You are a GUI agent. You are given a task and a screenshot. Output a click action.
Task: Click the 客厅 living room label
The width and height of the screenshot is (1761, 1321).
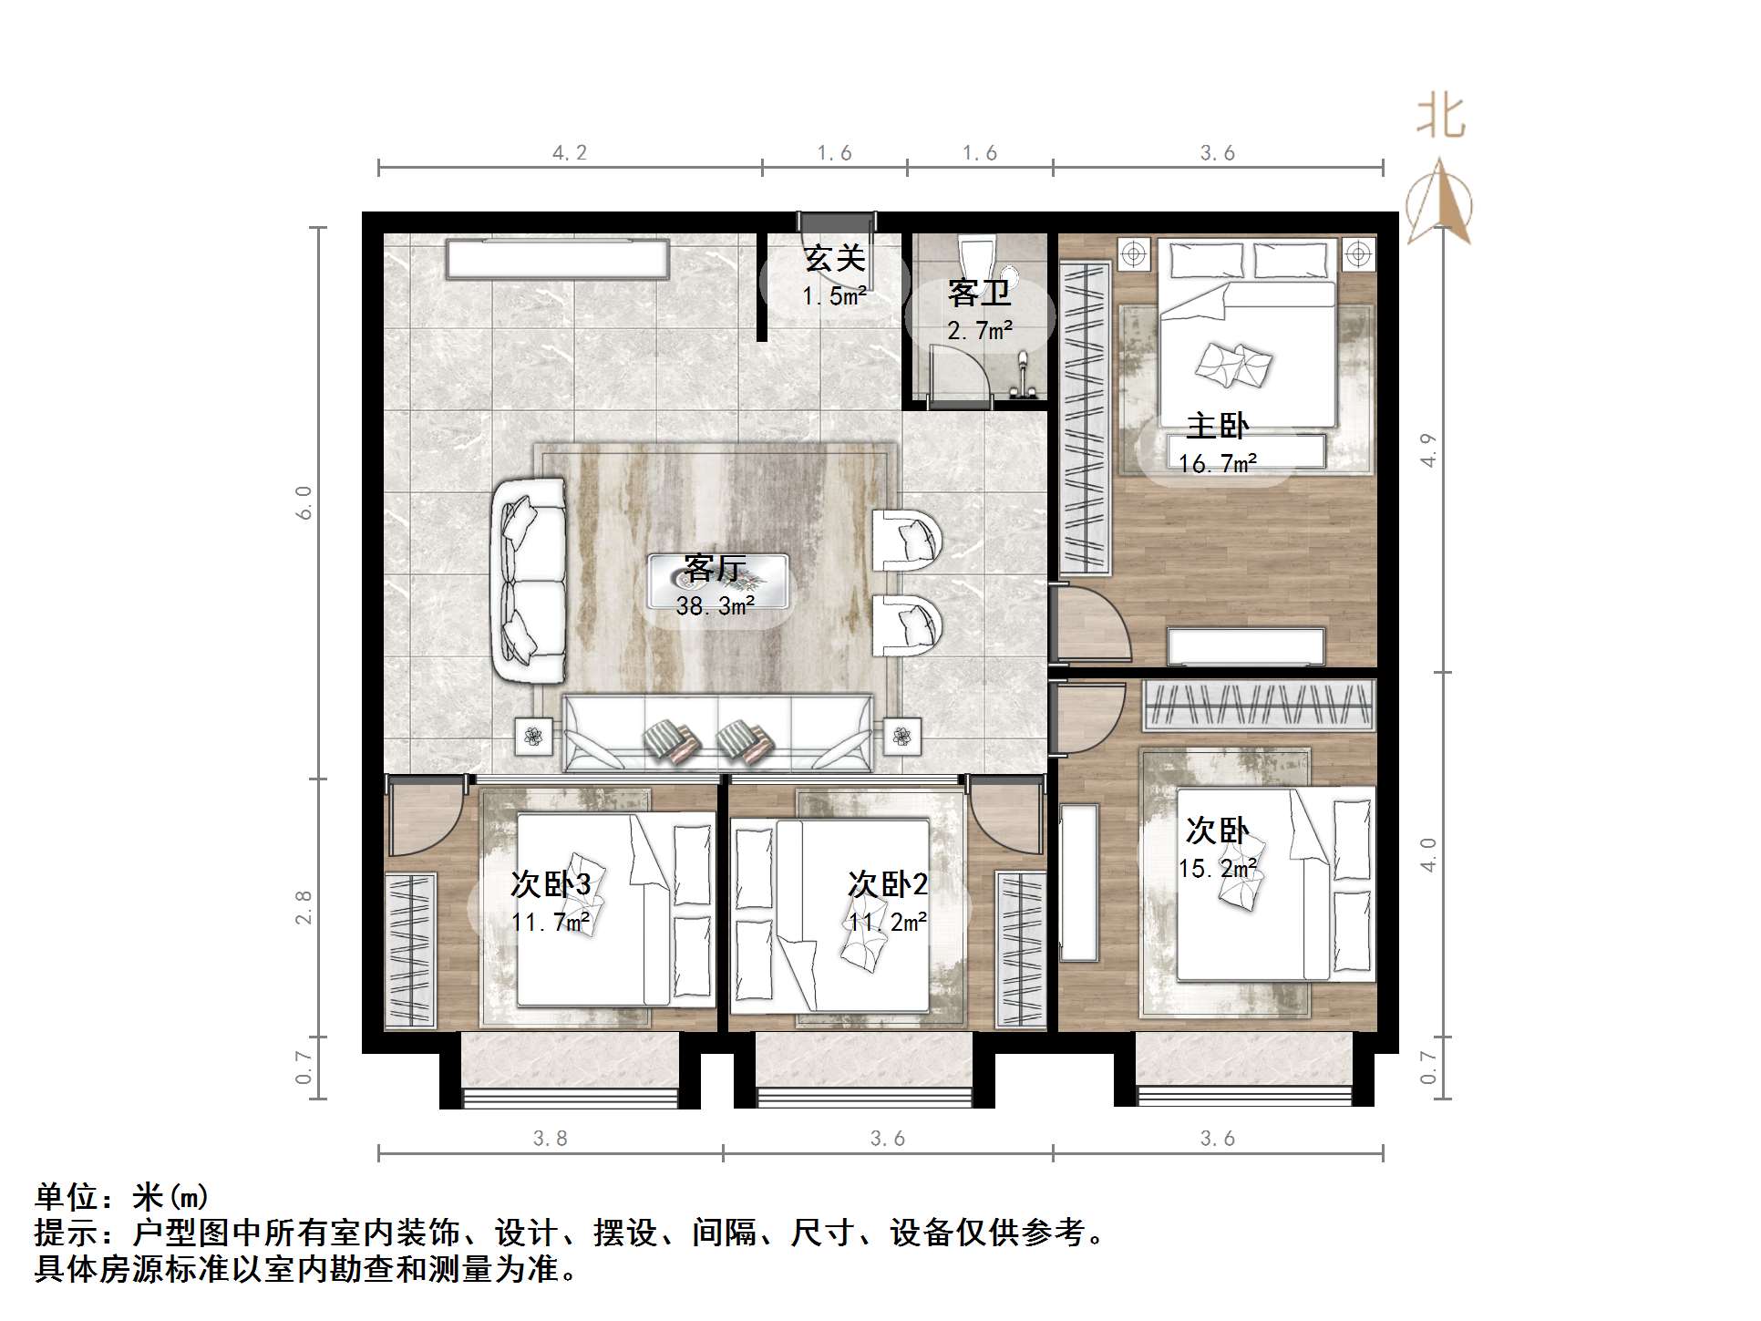click(716, 568)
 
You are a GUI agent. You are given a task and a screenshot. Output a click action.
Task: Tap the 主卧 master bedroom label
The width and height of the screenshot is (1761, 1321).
click(1217, 426)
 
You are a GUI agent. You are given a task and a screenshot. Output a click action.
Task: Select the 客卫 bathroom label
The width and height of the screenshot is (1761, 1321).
click(979, 294)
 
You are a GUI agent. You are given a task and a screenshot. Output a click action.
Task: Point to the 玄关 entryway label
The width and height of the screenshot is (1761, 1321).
click(834, 259)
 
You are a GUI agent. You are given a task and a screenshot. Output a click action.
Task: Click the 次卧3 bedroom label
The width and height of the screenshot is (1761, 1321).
click(551, 884)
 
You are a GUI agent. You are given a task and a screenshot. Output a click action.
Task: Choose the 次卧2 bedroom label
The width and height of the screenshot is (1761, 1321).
click(888, 884)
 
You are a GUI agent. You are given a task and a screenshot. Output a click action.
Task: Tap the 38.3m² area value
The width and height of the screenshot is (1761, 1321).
click(716, 606)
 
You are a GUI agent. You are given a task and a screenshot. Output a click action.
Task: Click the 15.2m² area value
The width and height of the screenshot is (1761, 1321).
click(1218, 869)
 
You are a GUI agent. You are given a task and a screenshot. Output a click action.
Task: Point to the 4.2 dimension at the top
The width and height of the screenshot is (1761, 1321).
click(570, 153)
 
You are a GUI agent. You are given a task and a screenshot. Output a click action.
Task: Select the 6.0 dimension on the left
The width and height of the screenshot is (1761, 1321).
click(304, 502)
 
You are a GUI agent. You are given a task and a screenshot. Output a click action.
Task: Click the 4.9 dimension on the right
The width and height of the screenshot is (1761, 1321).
click(1428, 449)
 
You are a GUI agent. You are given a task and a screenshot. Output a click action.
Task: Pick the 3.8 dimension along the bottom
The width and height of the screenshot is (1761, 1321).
click(551, 1139)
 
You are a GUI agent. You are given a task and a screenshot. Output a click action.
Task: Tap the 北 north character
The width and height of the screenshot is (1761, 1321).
click(1441, 118)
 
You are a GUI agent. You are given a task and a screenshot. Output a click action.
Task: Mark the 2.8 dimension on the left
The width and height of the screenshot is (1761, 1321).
click(304, 907)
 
